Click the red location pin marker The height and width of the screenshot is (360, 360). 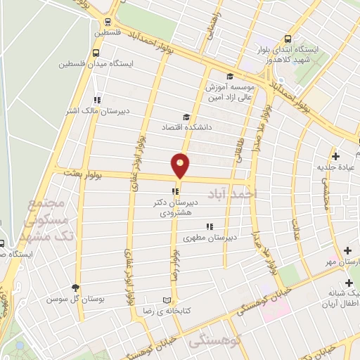coord(181,165)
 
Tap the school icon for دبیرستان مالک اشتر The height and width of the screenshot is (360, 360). coord(97,100)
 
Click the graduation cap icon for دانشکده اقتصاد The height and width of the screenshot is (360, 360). coord(186,117)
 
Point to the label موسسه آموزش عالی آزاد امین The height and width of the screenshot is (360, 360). coord(229,90)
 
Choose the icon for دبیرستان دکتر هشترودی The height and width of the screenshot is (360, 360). coord(174,191)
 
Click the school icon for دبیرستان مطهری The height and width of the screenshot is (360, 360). coord(209,226)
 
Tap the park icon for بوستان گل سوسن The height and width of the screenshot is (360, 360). coord(76,287)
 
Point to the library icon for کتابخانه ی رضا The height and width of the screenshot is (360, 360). coord(167,299)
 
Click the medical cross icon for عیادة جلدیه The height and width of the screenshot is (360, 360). coord(335,156)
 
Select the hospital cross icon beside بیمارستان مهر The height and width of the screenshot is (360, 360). coord(347,250)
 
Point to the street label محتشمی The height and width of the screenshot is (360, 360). coord(325,190)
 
